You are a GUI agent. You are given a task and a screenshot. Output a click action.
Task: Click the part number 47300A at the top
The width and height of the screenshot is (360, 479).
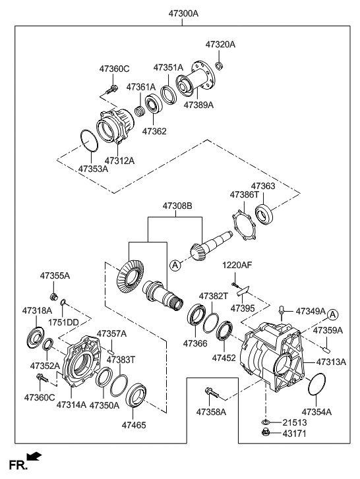pos(183,13)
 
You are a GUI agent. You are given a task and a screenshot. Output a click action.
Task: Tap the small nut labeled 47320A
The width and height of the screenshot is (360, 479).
pos(219,65)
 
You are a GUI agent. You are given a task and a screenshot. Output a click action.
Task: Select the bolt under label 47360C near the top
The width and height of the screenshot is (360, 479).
pos(112,90)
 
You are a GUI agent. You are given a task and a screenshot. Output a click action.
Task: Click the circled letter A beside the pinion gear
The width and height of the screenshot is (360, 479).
pos(175,265)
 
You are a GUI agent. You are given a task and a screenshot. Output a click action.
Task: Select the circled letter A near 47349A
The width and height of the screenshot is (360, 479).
pos(333,314)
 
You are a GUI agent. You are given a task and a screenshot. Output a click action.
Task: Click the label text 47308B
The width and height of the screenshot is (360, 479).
pos(177,206)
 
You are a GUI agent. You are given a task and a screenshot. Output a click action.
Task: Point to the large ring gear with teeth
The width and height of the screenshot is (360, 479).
pos(130,277)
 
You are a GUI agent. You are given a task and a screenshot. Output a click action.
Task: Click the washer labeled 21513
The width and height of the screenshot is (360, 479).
pos(265,422)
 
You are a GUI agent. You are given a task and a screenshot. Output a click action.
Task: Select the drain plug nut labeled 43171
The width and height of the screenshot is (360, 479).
pos(265,433)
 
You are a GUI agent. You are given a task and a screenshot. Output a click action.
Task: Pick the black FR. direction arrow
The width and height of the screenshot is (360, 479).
pos(34,456)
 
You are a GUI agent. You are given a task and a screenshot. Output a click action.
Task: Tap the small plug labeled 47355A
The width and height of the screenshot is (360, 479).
pos(54,296)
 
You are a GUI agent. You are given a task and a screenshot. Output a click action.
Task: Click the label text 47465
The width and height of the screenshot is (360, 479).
pos(134,425)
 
